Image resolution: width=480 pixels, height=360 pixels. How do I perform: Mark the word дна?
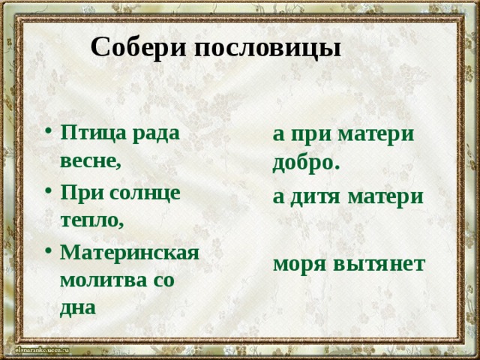78,308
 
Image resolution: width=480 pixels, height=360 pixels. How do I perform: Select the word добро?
307,163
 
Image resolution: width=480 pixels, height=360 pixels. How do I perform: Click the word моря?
300,263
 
